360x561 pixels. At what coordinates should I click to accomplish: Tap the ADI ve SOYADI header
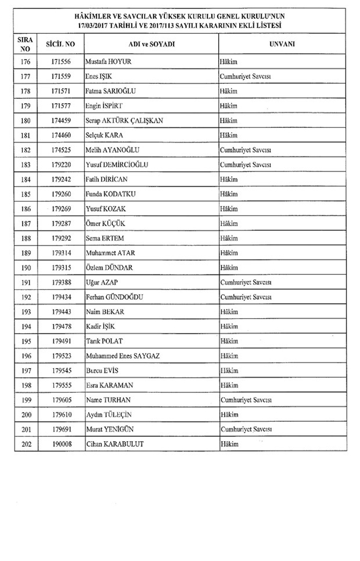pyautogui.click(x=151, y=42)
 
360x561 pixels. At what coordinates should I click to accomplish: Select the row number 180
pyautogui.click(x=25, y=120)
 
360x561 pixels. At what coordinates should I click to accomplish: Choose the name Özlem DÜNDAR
pyautogui.click(x=109, y=267)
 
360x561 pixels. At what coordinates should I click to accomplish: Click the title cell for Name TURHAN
pyautogui.click(x=244, y=400)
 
